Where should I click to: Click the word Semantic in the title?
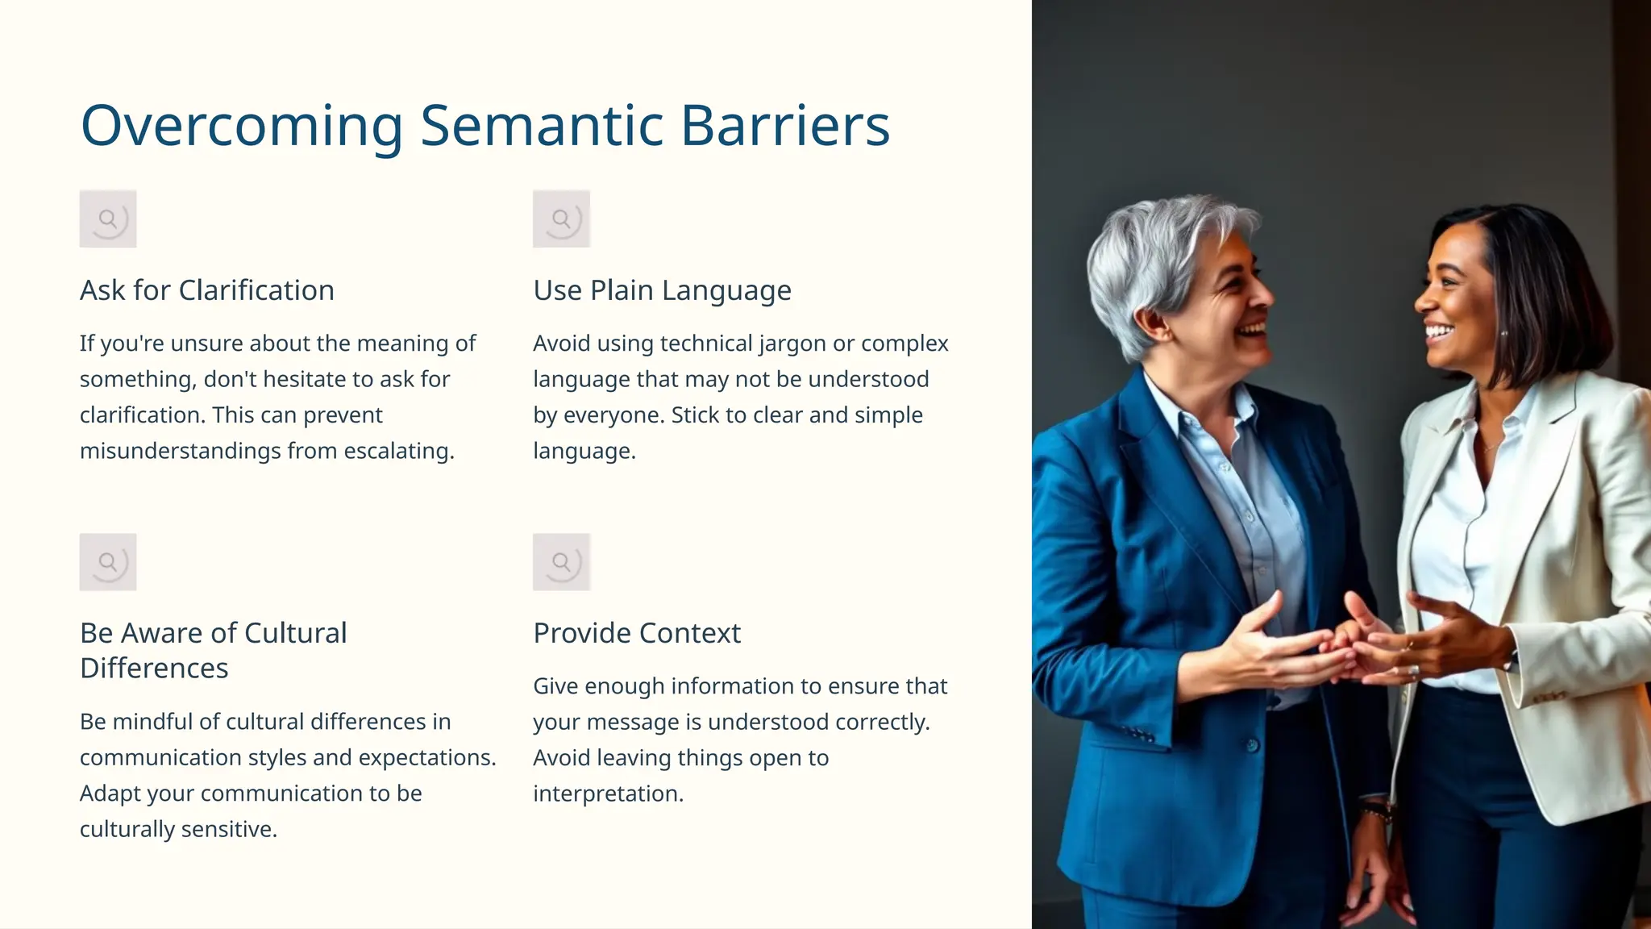541,126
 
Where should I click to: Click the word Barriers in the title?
785,126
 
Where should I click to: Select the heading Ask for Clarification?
207,290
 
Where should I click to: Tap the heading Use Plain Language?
662,290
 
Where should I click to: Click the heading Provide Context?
637,633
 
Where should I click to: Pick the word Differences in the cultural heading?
154,669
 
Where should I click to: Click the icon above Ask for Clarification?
108,219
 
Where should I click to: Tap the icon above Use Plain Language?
561,219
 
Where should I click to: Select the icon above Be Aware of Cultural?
108,562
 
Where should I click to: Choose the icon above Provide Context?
561,562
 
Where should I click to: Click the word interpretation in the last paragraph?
608,794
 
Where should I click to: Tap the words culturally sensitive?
178,830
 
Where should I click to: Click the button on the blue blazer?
1252,745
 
